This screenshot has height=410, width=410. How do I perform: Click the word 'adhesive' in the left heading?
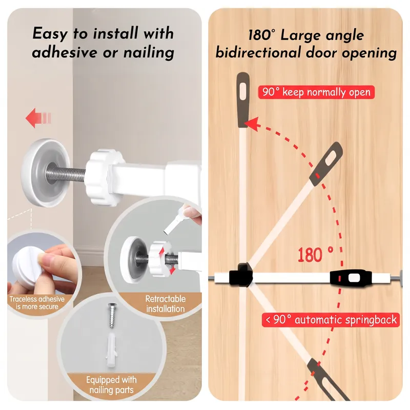click(x=65, y=52)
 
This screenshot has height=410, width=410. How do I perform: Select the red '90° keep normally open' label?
click(x=316, y=92)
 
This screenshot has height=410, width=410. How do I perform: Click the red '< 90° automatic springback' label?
click(x=331, y=320)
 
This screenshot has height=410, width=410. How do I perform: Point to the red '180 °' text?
click(x=316, y=255)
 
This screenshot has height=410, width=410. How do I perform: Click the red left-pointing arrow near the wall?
click(x=38, y=118)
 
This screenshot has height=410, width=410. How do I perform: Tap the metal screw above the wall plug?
click(x=112, y=316)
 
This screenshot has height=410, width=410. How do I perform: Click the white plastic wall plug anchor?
click(x=112, y=349)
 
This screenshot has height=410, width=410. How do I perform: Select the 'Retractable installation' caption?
click(x=166, y=304)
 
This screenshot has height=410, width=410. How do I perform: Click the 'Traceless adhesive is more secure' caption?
click(x=37, y=303)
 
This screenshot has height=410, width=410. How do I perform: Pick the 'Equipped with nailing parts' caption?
click(x=111, y=385)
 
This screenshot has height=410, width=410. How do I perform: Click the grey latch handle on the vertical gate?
click(x=243, y=100)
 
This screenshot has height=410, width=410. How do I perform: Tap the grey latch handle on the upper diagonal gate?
click(x=326, y=164)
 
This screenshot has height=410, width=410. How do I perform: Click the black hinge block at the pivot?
click(x=241, y=275)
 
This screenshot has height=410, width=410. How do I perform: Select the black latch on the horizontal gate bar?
click(x=351, y=278)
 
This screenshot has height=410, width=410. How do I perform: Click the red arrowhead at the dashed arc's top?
click(x=252, y=124)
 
